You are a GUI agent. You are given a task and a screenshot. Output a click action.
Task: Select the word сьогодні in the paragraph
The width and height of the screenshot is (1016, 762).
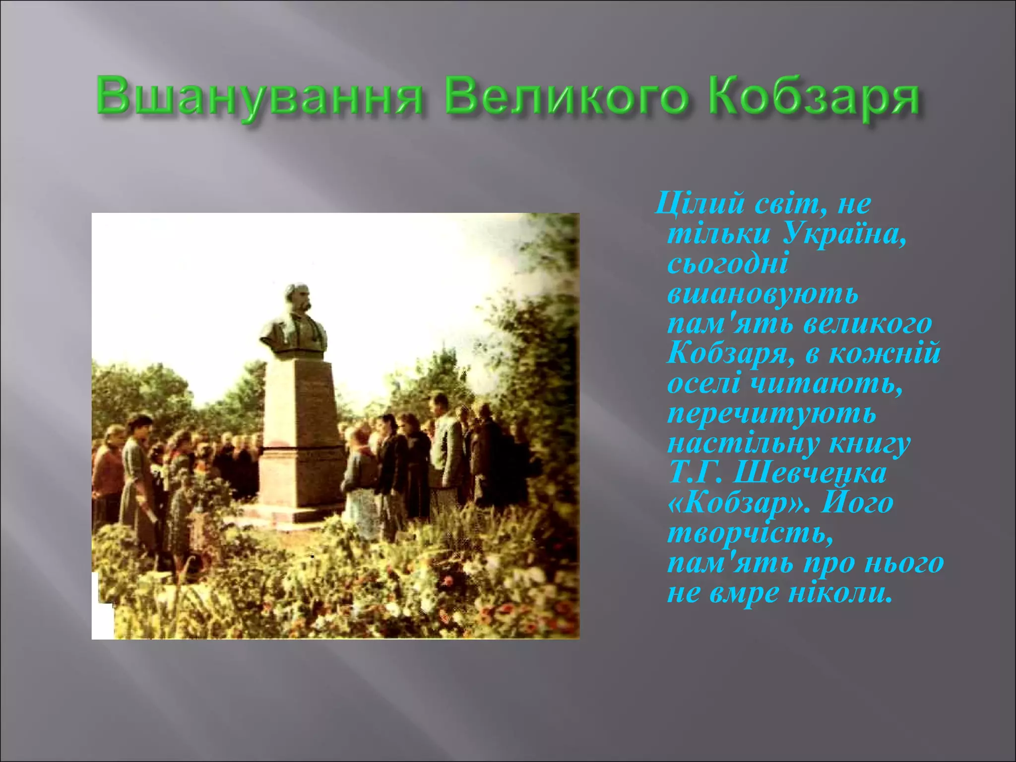tap(727, 263)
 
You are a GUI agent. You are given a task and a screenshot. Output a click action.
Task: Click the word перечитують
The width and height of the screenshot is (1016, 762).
tap(771, 413)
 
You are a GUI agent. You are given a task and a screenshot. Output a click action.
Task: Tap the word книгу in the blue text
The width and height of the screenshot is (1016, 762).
tap(870, 443)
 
